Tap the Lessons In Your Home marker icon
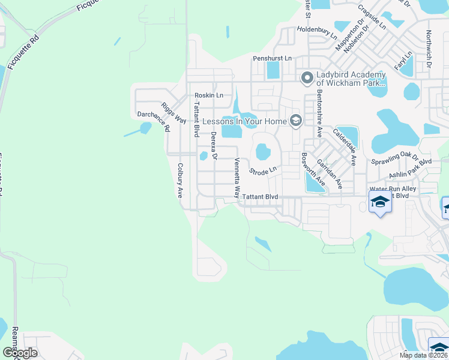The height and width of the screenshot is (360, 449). [x=295, y=121]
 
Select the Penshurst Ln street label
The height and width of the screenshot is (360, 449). [x=272, y=58]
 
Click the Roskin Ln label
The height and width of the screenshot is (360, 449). [x=208, y=95]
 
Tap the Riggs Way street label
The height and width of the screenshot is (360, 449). [x=173, y=113]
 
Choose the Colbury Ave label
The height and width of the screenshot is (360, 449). [x=179, y=181]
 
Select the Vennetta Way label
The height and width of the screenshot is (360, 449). [x=237, y=178]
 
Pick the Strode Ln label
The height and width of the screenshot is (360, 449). [x=262, y=171]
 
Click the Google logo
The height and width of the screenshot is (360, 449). [x=20, y=352]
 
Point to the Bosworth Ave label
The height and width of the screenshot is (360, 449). [x=313, y=169]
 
